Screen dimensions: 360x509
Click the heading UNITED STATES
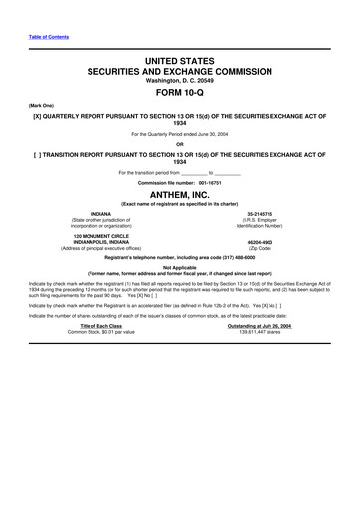[179, 62]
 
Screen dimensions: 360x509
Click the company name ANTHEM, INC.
[179, 195]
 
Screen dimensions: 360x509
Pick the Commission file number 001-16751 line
[179, 183]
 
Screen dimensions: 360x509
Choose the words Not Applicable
[179, 267]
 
